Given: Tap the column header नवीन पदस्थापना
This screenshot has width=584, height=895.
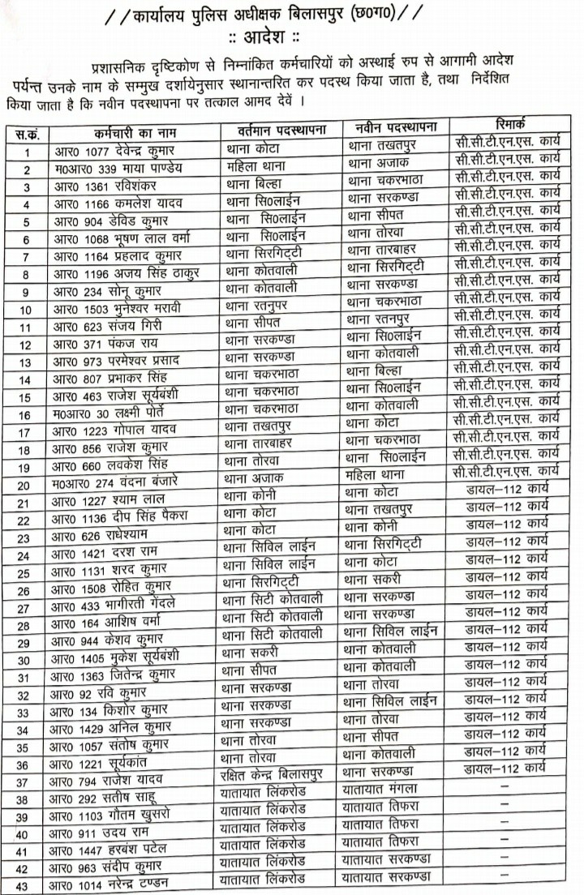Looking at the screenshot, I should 397,127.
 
